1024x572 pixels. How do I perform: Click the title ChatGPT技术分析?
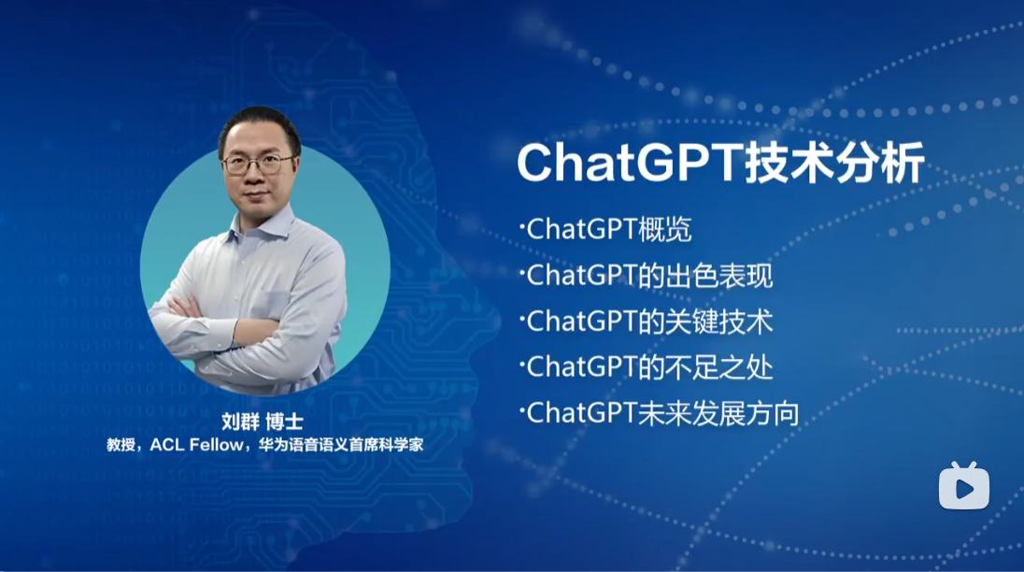pyautogui.click(x=721, y=163)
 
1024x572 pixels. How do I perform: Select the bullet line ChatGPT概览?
pyautogui.click(x=606, y=229)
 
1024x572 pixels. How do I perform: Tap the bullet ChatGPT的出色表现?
pyautogui.click(x=647, y=275)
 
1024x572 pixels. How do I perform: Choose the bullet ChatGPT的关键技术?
pyautogui.click(x=647, y=322)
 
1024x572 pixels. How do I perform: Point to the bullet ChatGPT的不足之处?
pyautogui.click(x=647, y=367)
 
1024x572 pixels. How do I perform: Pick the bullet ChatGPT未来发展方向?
pyautogui.click(x=660, y=413)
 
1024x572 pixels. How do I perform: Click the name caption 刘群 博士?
pyautogui.click(x=262, y=422)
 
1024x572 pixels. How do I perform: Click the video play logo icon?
pyautogui.click(x=964, y=486)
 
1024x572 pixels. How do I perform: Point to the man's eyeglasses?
pyautogui.click(x=257, y=164)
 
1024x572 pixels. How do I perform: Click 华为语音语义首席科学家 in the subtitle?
pyautogui.click(x=341, y=445)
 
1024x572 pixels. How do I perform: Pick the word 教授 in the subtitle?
pyautogui.click(x=121, y=445)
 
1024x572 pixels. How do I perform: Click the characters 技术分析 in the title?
pyautogui.click(x=834, y=163)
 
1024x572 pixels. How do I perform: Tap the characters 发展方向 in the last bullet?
pyautogui.click(x=746, y=413)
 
